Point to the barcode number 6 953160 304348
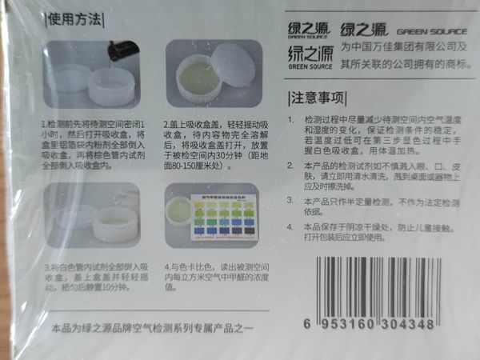(370, 324)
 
